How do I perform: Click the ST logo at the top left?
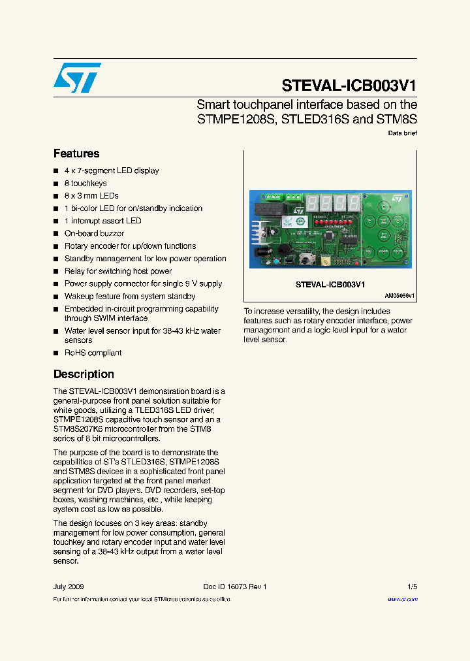(x=77, y=78)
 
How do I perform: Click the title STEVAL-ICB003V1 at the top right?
(x=349, y=86)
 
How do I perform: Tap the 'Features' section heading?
(x=76, y=153)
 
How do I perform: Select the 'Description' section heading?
(x=84, y=374)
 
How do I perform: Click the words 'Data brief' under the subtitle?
(x=402, y=133)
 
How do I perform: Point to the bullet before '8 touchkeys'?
(x=56, y=184)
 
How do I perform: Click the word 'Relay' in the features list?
(x=74, y=271)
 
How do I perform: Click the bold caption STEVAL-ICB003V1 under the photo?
(x=330, y=285)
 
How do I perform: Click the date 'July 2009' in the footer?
(x=69, y=587)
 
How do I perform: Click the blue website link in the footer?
(x=402, y=599)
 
